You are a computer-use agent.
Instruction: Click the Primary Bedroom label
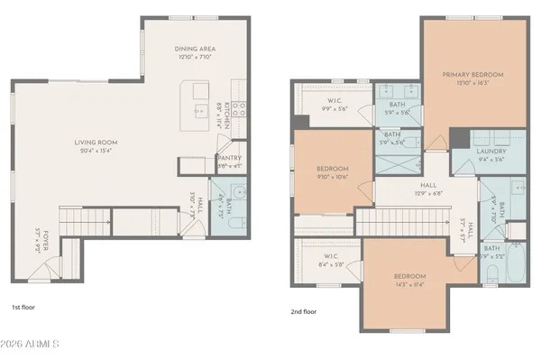pos(472,74)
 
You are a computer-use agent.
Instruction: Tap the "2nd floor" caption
pos(305,311)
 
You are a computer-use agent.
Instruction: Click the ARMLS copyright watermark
pos(31,345)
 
